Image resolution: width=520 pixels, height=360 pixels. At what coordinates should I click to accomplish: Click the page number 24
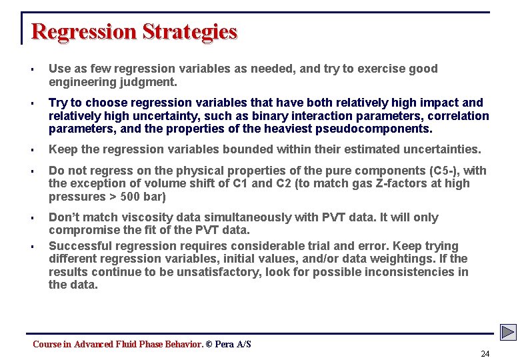pyautogui.click(x=485, y=353)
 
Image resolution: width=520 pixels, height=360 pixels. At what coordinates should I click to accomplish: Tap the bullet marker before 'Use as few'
pyautogui.click(x=33, y=69)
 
